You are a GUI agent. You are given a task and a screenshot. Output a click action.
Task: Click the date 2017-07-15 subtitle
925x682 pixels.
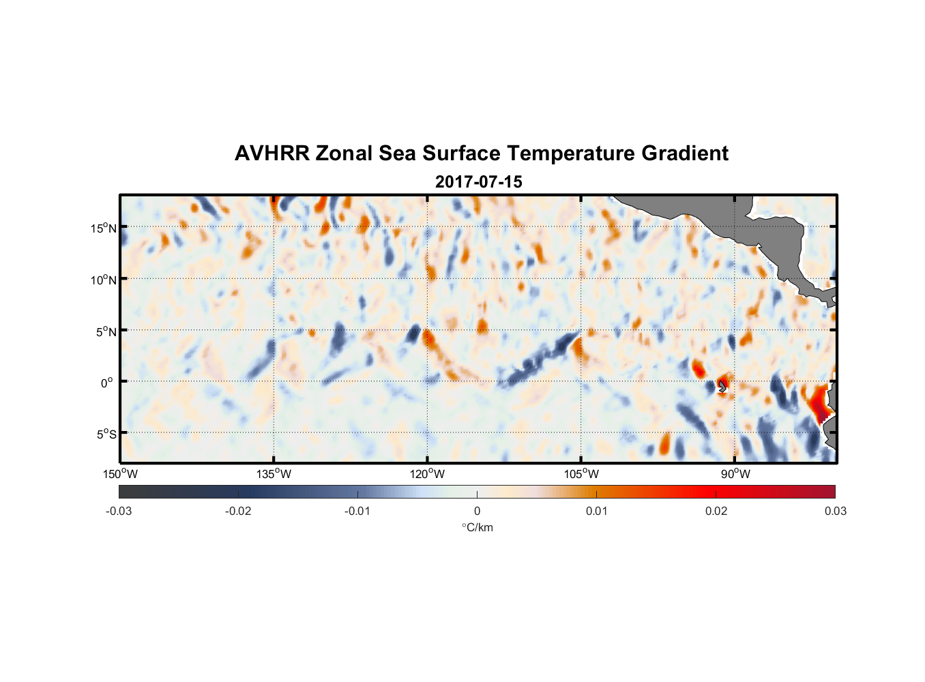click(478, 182)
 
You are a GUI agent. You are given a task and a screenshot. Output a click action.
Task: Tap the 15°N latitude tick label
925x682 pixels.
click(104, 228)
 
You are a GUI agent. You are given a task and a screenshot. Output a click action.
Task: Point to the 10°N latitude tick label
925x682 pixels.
click(104, 280)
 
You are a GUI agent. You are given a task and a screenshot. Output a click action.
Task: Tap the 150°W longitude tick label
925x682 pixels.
click(120, 474)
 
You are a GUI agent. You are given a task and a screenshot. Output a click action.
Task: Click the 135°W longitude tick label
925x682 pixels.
click(274, 474)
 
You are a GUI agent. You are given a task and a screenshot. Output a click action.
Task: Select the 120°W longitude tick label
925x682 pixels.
click(427, 474)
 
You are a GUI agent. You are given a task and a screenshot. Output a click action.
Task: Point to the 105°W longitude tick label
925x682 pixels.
click(581, 474)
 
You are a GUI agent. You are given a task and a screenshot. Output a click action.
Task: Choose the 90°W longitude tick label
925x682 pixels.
click(735, 474)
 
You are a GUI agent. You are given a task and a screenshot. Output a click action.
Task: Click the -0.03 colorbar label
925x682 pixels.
click(119, 511)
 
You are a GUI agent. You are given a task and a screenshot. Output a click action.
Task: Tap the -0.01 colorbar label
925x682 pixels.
click(357, 511)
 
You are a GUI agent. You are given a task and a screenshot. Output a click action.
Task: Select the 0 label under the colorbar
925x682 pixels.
click(477, 511)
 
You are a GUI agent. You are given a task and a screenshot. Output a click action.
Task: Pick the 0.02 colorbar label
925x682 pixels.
click(716, 511)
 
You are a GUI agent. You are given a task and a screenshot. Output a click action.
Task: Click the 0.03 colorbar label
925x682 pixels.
click(835, 511)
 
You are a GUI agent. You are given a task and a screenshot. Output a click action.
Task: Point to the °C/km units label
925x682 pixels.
click(477, 527)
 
